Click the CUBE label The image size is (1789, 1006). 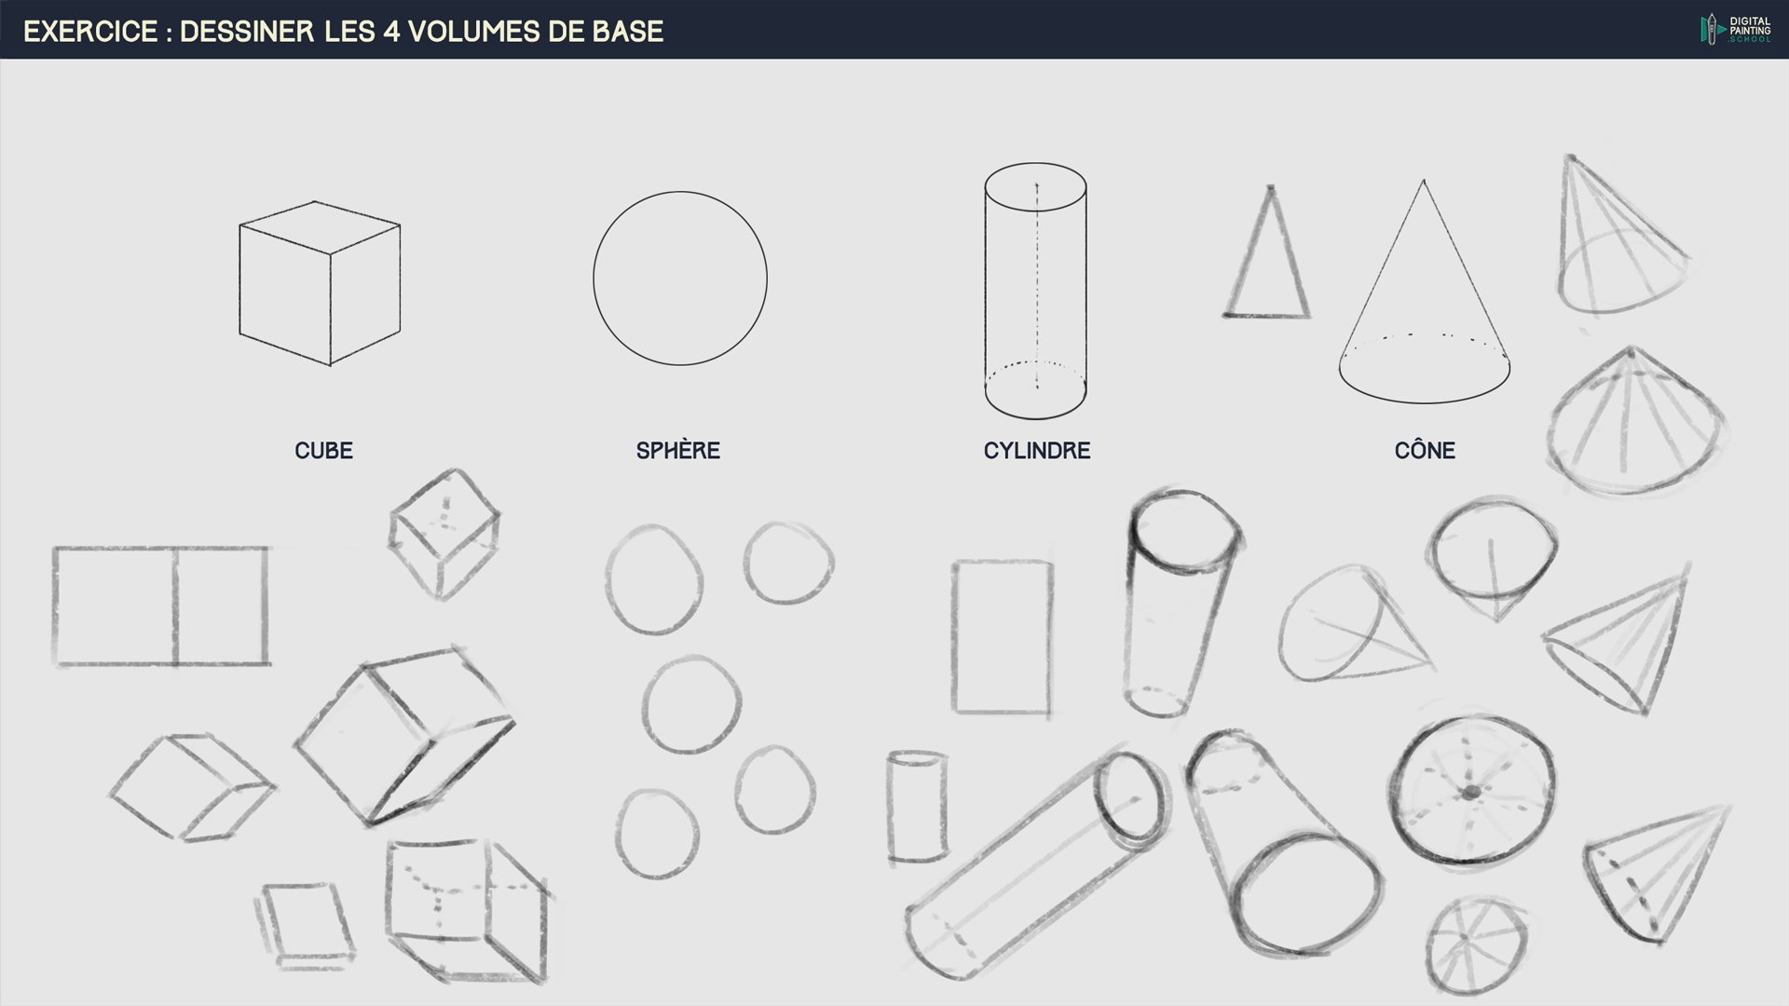pos(323,451)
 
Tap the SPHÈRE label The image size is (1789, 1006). pos(678,451)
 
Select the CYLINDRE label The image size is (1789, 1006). pos(1037,451)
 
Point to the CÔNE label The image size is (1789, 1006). pos(1425,451)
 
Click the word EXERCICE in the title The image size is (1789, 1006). pos(90,32)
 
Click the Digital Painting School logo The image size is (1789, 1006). pos(1735,29)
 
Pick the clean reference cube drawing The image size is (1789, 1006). pos(320,283)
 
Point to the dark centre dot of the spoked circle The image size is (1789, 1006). pos(1470,793)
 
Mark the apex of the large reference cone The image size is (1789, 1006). pos(1423,181)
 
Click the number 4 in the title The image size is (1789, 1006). pos(391,32)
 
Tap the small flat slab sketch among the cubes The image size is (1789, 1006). pos(305,922)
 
